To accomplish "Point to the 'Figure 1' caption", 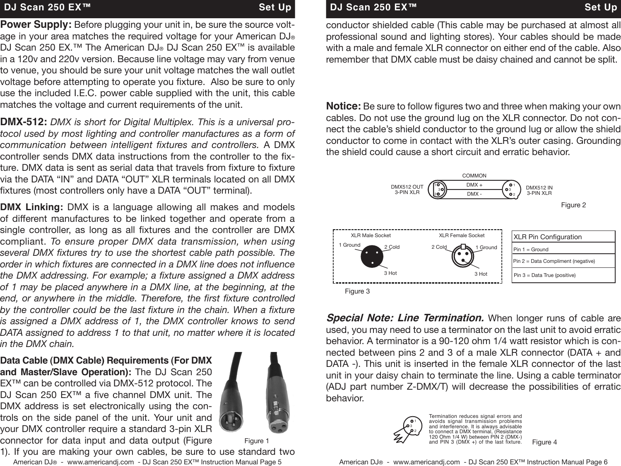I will click(x=257, y=441).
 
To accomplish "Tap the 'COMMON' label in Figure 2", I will click(x=474, y=176).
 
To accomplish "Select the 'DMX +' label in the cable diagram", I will click(x=474, y=185).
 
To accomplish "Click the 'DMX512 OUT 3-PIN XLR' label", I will click(x=407, y=190).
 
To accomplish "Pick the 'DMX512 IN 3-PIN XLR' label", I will click(x=539, y=190).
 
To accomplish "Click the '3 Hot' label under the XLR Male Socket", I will click(x=390, y=273).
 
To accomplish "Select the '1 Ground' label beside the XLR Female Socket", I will click(x=486, y=248).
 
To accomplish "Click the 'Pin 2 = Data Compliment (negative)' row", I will click(x=554, y=261).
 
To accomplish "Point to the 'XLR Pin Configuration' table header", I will click(x=547, y=237).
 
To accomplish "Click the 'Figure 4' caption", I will click(x=544, y=442).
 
